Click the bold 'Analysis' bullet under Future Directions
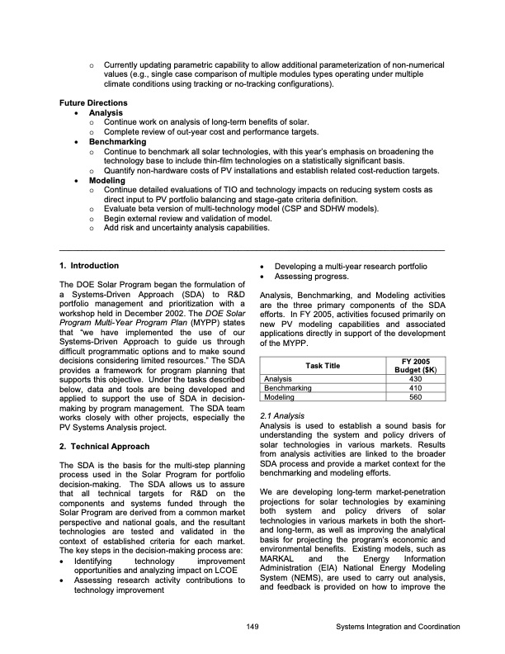106,112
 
